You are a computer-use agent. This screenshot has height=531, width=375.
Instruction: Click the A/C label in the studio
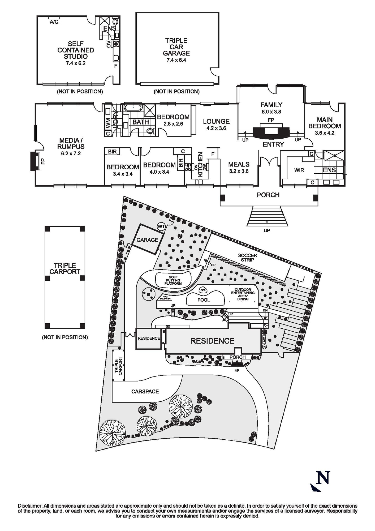(x=54, y=22)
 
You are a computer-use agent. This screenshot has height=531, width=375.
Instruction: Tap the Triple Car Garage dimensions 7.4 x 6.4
(x=176, y=60)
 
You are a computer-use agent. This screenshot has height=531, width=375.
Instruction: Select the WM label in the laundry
(x=108, y=123)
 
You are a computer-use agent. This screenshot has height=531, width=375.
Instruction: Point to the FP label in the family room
(x=271, y=120)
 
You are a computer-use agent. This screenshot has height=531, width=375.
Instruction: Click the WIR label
(x=299, y=170)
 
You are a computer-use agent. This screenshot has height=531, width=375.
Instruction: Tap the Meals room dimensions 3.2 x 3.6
(x=239, y=171)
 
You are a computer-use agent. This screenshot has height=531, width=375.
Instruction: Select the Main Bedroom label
(x=325, y=123)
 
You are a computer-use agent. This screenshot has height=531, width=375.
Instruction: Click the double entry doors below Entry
(x=268, y=161)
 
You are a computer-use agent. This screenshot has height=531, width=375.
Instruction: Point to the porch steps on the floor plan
(x=268, y=216)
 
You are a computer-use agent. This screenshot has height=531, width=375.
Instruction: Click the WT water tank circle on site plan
(x=161, y=226)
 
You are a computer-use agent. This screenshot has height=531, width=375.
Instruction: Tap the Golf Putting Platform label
(x=173, y=280)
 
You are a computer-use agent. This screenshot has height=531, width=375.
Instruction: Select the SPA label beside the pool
(x=203, y=290)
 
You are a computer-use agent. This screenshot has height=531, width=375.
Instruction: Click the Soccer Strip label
(x=247, y=258)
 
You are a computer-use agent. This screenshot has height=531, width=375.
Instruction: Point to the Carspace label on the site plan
(x=145, y=391)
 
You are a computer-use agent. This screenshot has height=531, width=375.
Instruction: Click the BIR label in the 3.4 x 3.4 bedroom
(x=112, y=152)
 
